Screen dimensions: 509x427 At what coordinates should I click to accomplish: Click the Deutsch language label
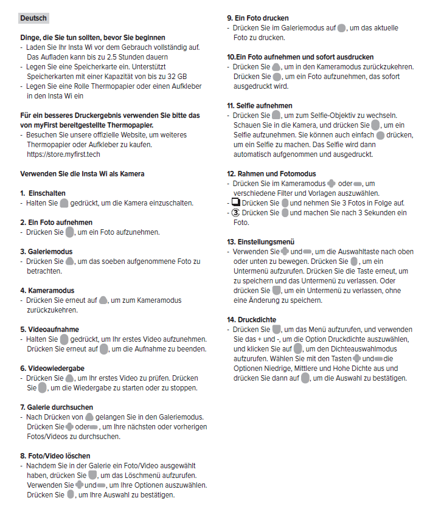[x=33, y=18]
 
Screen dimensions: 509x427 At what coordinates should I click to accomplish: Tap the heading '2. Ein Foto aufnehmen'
[x=57, y=223]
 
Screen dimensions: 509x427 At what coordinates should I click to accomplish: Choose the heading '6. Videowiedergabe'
[x=52, y=368]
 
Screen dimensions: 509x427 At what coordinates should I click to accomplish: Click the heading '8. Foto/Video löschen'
[x=55, y=455]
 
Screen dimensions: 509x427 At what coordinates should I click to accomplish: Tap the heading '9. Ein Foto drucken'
[x=258, y=18]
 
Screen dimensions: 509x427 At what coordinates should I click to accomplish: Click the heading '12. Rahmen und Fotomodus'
[x=268, y=174]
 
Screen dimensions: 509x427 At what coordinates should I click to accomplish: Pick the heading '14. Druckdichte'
[x=252, y=319]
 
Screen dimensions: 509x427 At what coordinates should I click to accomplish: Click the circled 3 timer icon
[x=236, y=213]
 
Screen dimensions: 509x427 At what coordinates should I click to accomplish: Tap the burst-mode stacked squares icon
[x=236, y=203]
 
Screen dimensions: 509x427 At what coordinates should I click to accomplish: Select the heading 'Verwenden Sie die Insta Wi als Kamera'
[x=82, y=173]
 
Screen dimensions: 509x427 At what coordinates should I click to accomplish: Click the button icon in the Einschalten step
[x=64, y=203]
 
